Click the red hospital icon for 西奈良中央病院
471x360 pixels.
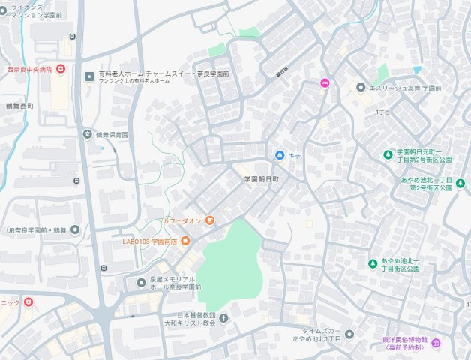(x=61, y=69)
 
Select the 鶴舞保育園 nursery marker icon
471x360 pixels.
(x=87, y=135)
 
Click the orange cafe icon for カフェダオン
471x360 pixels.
(x=210, y=220)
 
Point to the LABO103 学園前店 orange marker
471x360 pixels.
(x=185, y=241)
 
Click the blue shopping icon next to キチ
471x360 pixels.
(x=280, y=155)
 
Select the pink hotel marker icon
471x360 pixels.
(x=325, y=83)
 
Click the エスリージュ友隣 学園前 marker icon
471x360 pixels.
(x=361, y=88)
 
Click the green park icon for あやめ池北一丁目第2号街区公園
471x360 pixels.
(x=460, y=183)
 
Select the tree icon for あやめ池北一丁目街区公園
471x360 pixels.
(x=372, y=263)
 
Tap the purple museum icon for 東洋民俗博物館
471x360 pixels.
(x=436, y=343)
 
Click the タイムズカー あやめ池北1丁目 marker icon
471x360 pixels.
(x=349, y=334)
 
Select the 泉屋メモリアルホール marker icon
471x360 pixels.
(x=141, y=283)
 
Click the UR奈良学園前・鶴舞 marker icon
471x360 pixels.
(x=75, y=230)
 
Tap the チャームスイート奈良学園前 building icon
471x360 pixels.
(x=90, y=76)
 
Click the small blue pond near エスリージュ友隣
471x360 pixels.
(x=418, y=70)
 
